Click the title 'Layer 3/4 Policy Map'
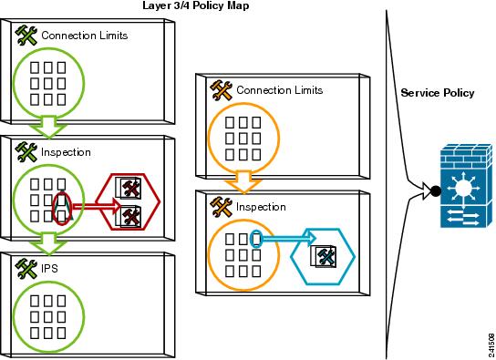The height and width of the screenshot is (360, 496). coord(195,5)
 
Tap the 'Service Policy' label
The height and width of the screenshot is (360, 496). coord(438,93)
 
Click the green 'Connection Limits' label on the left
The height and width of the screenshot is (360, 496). coord(84,36)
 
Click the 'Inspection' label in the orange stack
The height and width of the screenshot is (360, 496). coord(261,207)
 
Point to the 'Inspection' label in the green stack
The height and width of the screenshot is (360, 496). coord(66,151)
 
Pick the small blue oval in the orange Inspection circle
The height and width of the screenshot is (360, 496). coord(256,240)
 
